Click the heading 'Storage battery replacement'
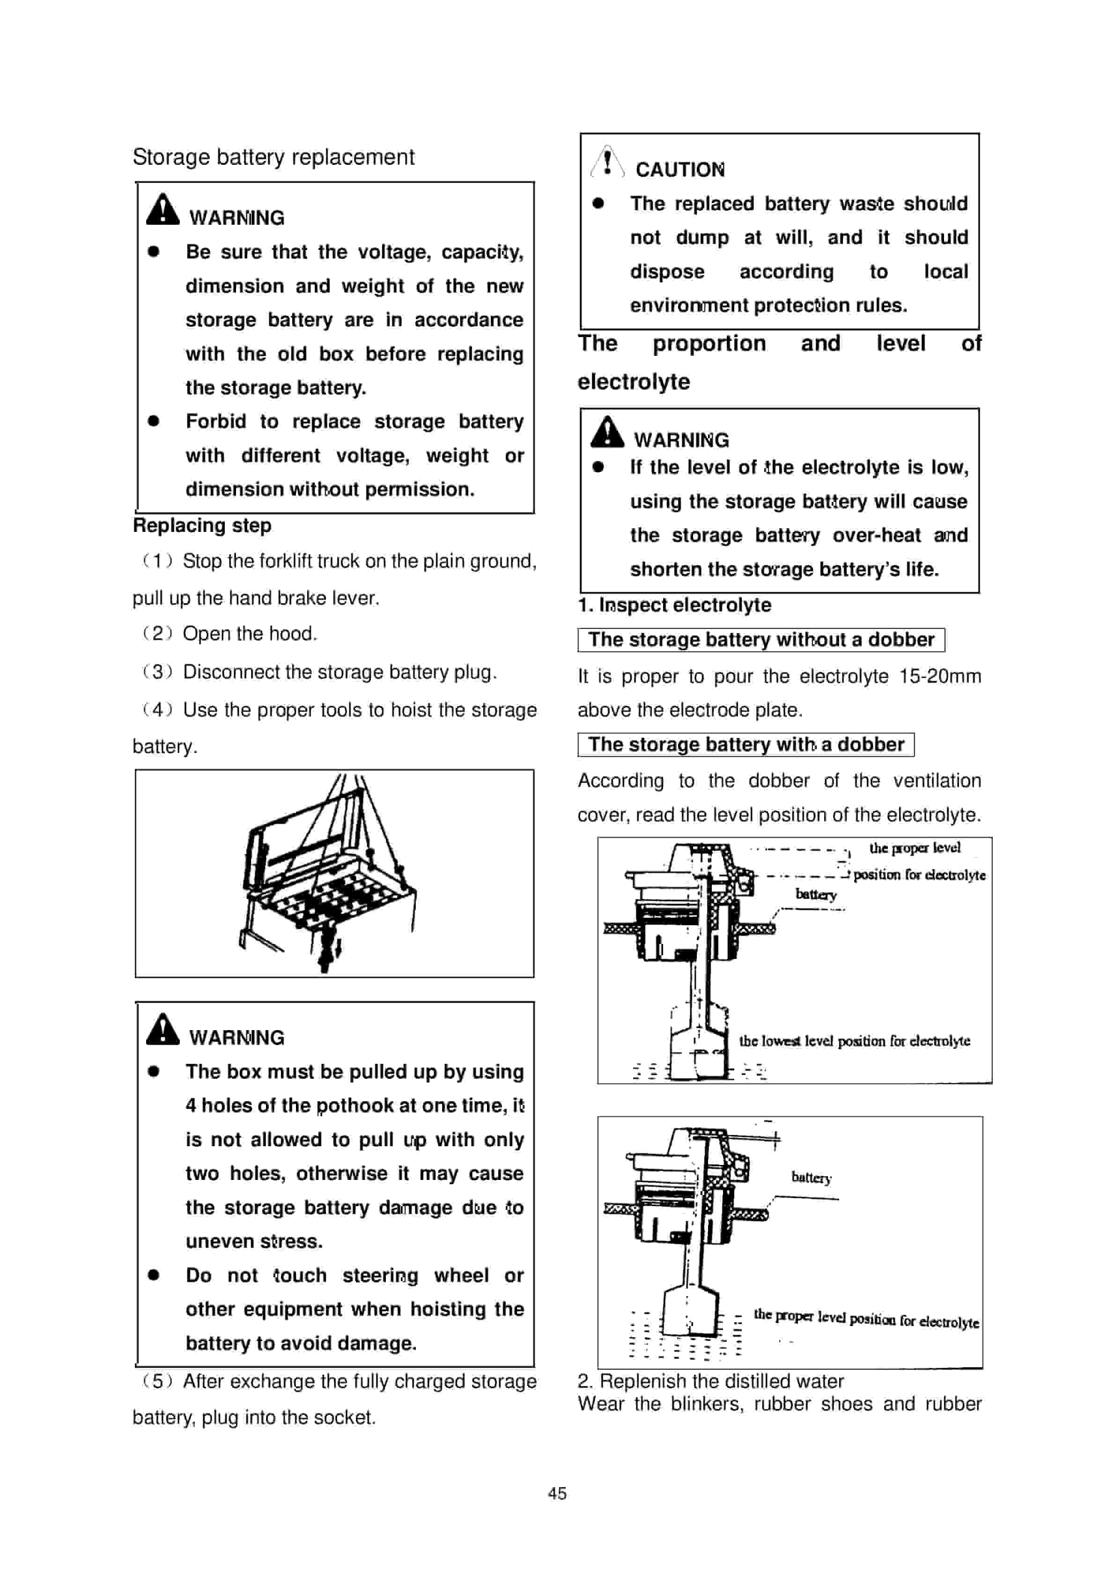[273, 157]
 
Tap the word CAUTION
[679, 169]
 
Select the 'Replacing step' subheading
[202, 525]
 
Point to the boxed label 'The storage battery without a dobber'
[761, 640]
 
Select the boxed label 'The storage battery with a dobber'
[746, 744]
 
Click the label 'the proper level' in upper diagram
[915, 847]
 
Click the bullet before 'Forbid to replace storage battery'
[154, 421]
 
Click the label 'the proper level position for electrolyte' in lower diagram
[865, 1318]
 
